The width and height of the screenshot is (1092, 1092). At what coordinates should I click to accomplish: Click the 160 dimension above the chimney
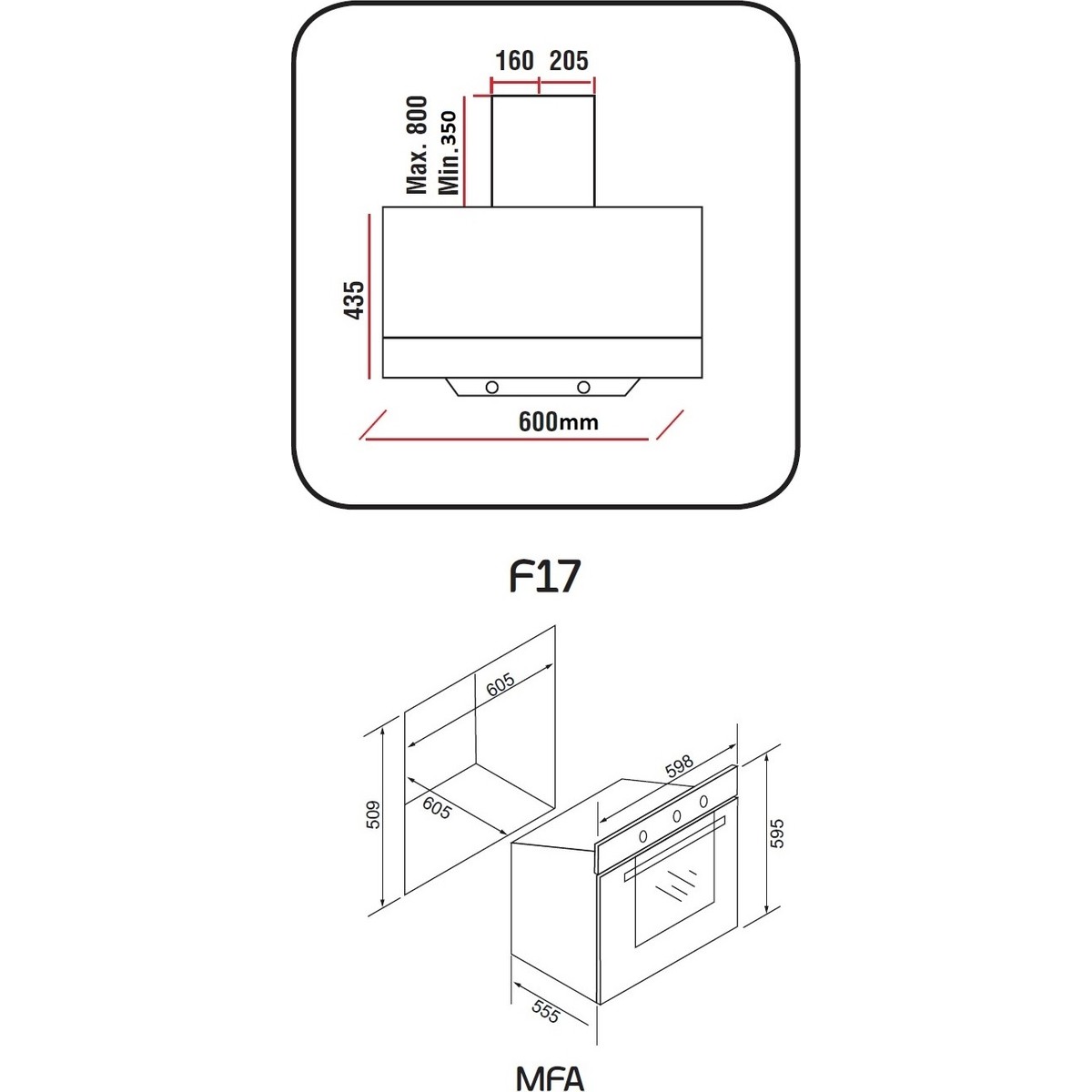[x=514, y=61]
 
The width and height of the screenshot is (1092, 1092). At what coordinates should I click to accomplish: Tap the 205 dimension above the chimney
[x=569, y=61]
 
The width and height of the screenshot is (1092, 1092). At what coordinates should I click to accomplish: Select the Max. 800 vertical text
[x=417, y=145]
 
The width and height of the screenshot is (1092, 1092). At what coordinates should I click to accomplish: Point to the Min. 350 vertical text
[x=448, y=153]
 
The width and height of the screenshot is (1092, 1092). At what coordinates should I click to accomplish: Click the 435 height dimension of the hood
[x=355, y=299]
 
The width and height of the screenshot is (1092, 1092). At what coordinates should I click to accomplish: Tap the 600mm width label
[x=558, y=421]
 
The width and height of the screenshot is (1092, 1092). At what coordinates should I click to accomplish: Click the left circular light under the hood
[x=492, y=388]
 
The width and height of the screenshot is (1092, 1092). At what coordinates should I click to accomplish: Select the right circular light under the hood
[x=583, y=388]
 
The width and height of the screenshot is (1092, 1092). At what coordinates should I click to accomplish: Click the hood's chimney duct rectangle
[x=543, y=151]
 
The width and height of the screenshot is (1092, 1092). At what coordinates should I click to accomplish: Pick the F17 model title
[x=545, y=576]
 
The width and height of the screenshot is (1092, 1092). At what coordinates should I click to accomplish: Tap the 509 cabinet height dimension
[x=373, y=814]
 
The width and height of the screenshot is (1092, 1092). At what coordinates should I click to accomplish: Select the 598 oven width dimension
[x=679, y=766]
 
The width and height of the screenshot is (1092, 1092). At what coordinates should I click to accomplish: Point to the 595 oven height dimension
[x=778, y=833]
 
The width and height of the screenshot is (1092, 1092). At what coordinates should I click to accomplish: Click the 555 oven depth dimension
[x=546, y=1012]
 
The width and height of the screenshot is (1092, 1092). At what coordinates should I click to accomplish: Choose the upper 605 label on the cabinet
[x=500, y=684]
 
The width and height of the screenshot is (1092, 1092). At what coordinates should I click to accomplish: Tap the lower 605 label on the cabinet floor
[x=437, y=808]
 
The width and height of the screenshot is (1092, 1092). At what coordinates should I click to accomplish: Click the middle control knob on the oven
[x=677, y=816]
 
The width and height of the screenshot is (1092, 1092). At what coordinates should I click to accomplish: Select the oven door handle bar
[x=674, y=849]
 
